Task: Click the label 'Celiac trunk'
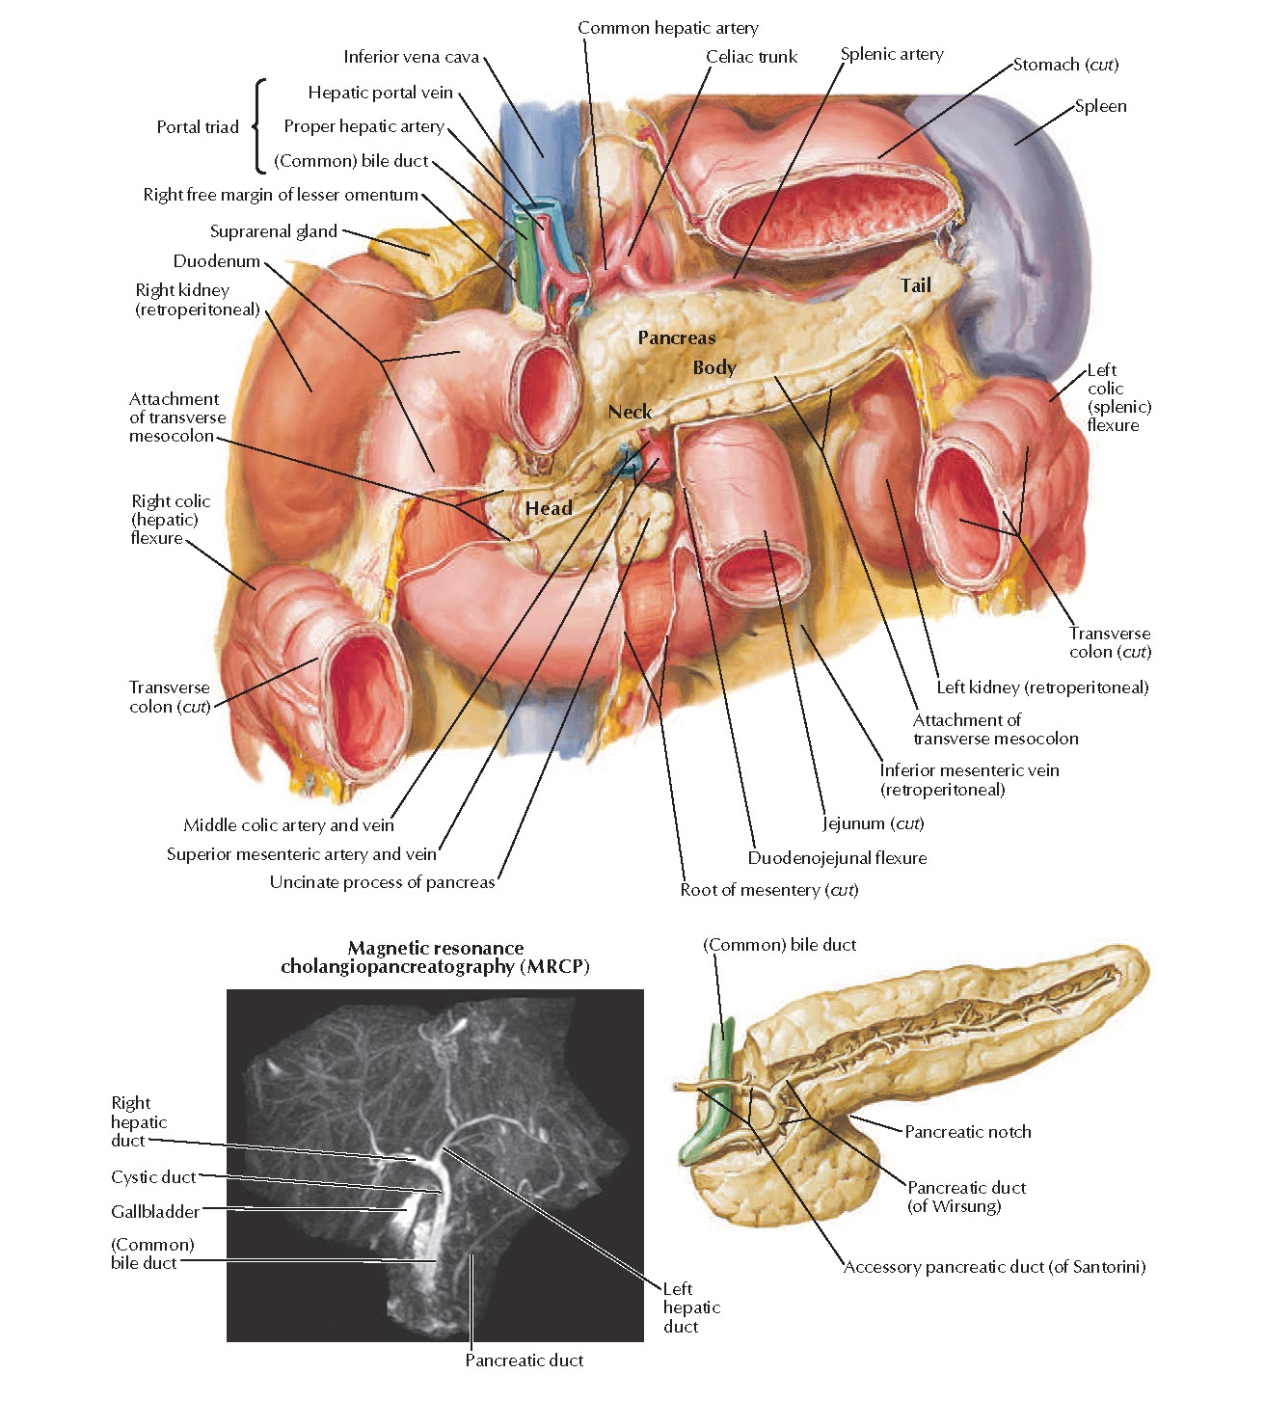pos(751,57)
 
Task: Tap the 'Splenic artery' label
pos(892,54)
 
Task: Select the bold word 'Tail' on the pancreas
pos(915,285)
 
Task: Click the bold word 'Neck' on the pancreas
pos(630,412)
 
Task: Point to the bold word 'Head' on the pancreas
pos(549,508)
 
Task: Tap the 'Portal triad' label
pos(198,127)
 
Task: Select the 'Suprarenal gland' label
pos(274,231)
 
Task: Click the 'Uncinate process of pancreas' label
pos(382,882)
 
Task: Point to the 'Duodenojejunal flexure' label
pos(837,858)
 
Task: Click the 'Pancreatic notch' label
pos(967,1132)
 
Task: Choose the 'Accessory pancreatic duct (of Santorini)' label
pos(994,1267)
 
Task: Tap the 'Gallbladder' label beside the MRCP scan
pos(155,1212)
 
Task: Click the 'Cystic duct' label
pos(153,1177)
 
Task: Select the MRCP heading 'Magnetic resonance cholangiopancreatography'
pos(435,957)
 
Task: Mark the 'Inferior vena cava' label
pos(411,57)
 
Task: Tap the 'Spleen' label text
pos(1100,106)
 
